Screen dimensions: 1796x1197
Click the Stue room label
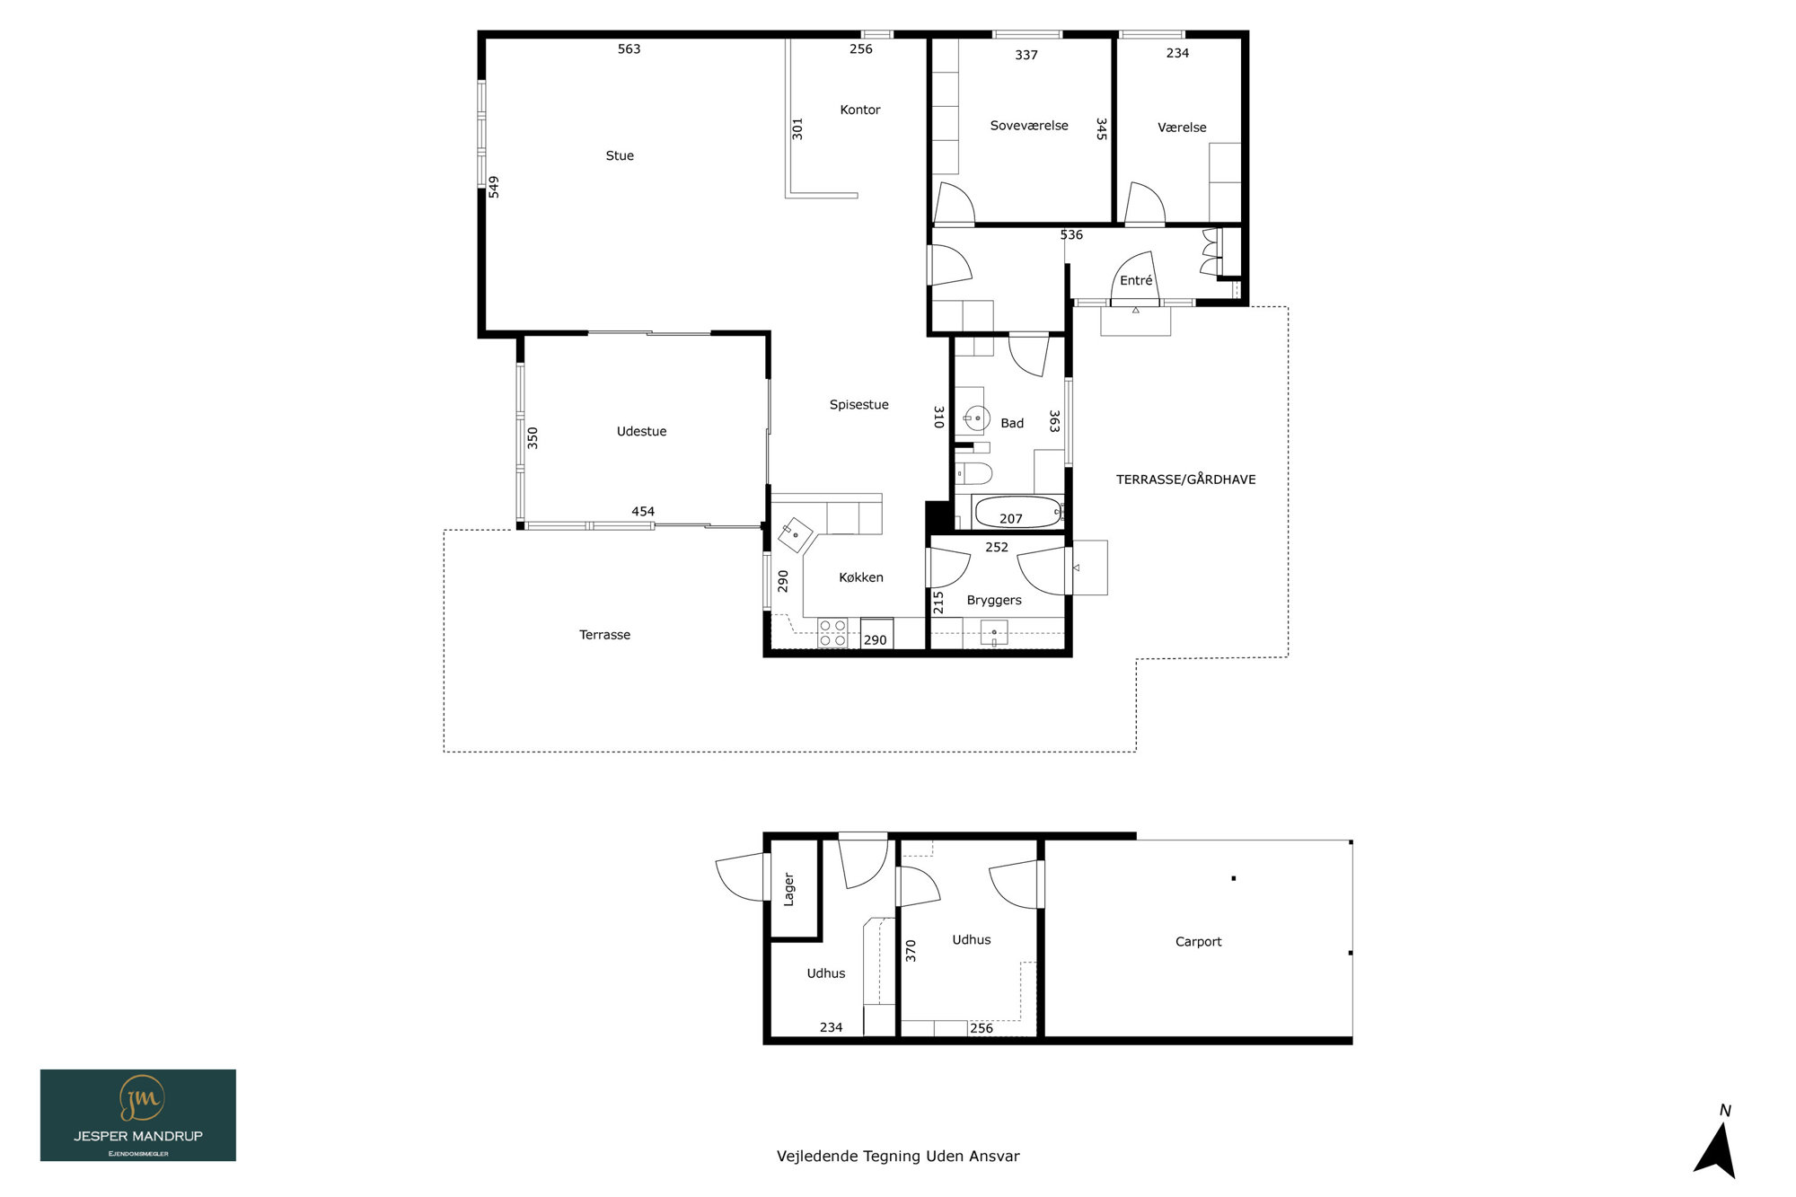pyautogui.click(x=620, y=155)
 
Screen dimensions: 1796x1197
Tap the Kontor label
pyautogui.click(x=860, y=110)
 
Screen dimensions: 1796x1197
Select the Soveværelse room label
pyautogui.click(x=1029, y=126)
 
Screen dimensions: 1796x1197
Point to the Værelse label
pyautogui.click(x=1182, y=128)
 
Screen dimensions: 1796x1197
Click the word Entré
pyautogui.click(x=1136, y=280)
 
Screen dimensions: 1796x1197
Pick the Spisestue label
pyautogui.click(x=859, y=405)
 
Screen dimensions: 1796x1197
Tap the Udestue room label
pyautogui.click(x=642, y=431)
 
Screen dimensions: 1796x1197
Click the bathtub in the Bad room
pyautogui.click(x=1018, y=513)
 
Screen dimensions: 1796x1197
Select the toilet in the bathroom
pyautogui.click(x=973, y=473)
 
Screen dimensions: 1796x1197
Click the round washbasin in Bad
pyautogui.click(x=976, y=418)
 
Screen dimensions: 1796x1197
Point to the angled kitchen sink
pyautogui.click(x=796, y=535)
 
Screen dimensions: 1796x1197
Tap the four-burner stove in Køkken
pyautogui.click(x=832, y=633)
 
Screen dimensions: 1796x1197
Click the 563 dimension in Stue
pyautogui.click(x=629, y=49)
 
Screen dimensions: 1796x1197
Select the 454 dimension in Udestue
pyautogui.click(x=643, y=512)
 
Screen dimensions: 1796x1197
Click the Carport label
pyautogui.click(x=1199, y=942)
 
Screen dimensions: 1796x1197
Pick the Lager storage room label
pyautogui.click(x=788, y=890)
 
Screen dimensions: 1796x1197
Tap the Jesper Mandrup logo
pyautogui.click(x=138, y=1115)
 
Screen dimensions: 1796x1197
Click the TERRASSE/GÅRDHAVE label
pyautogui.click(x=1186, y=480)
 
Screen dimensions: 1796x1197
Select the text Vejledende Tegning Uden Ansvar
pyautogui.click(x=898, y=1157)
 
